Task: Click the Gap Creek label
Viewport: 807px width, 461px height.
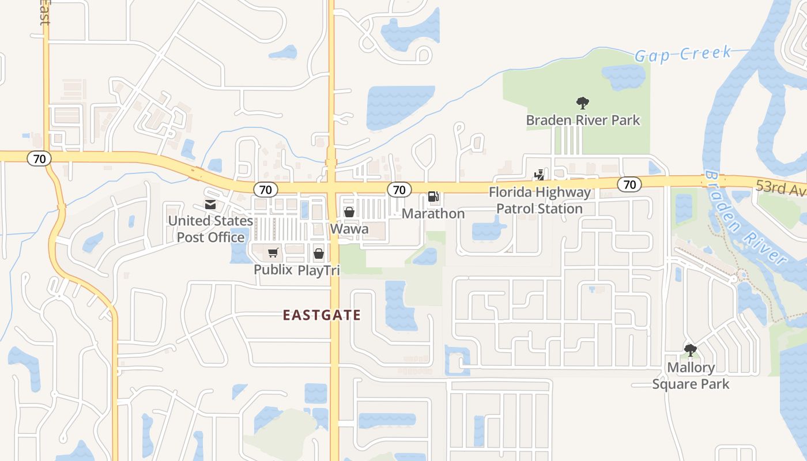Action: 683,54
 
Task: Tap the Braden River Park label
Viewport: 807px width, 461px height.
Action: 583,120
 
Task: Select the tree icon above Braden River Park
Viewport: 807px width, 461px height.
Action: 583,104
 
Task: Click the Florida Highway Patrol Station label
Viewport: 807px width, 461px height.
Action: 540,201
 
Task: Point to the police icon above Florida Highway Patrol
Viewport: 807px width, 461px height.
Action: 540,174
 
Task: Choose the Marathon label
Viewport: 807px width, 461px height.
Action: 433,214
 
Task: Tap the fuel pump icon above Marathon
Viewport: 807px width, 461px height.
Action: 433,197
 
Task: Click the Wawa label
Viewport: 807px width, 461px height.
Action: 349,229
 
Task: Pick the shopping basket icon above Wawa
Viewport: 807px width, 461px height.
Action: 349,212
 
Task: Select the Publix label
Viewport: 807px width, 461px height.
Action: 273,270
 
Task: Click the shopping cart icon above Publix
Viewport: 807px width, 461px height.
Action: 273,253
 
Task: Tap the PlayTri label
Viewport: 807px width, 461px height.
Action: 319,270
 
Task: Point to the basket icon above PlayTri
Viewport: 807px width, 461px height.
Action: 319,253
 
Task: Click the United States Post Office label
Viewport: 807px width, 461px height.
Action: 210,229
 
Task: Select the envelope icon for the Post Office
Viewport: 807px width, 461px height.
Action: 210,205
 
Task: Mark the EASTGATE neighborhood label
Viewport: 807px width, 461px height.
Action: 322,315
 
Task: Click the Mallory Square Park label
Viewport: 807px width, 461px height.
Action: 691,376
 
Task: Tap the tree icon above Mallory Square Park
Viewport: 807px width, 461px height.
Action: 690,350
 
